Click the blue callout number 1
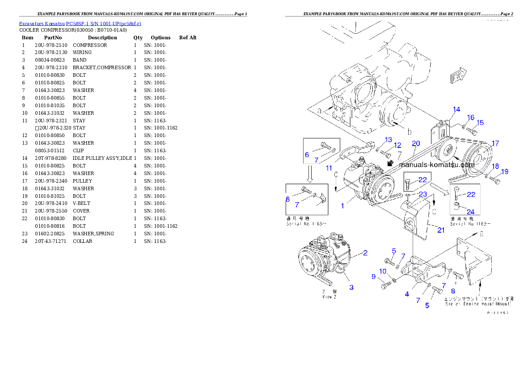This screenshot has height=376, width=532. pos(342,206)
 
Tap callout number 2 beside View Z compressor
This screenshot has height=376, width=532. pos(365,253)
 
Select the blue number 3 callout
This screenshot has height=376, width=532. pos(351,287)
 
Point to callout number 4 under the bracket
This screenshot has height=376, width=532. pos(407,294)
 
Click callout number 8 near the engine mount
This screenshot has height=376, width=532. pos(453,291)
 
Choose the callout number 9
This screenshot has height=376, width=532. pos(373,276)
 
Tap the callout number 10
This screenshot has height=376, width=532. pos(383,271)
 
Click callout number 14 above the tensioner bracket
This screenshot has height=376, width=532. pos(456,109)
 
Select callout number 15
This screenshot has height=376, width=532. pos(480,123)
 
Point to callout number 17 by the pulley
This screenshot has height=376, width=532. pos(495,143)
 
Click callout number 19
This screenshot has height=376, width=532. pos(504,171)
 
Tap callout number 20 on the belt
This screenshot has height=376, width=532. pos(416,143)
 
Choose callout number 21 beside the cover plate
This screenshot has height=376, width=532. pos(441,230)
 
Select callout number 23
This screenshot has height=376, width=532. pos(423,194)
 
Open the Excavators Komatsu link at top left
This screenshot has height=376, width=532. pos(80,24)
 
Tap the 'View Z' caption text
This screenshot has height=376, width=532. pos(327,297)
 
